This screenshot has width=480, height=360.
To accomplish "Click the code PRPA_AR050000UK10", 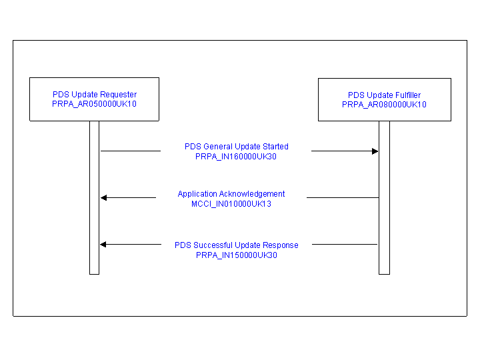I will click(x=94, y=104).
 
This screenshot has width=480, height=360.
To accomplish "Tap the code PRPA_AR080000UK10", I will click(x=384, y=105).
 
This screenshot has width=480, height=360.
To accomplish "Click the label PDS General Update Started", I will click(x=237, y=147).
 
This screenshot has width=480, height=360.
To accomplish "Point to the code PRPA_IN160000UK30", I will click(x=236, y=157).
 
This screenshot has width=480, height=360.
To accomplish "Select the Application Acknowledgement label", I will click(x=231, y=194).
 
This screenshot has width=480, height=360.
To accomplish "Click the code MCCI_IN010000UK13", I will click(x=231, y=204).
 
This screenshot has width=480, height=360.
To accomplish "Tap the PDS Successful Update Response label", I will click(x=237, y=245).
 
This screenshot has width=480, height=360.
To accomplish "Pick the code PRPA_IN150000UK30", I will click(x=237, y=255).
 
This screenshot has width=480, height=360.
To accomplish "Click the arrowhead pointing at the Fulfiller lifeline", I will click(x=375, y=151).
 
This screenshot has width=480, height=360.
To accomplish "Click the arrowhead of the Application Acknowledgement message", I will click(x=103, y=197).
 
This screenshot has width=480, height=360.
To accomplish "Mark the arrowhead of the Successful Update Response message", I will click(x=103, y=245).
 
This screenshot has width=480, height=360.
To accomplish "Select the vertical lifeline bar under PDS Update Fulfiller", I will click(x=384, y=220).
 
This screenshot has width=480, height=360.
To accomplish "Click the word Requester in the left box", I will click(x=119, y=95).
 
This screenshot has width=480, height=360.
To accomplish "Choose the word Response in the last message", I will click(x=281, y=245).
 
